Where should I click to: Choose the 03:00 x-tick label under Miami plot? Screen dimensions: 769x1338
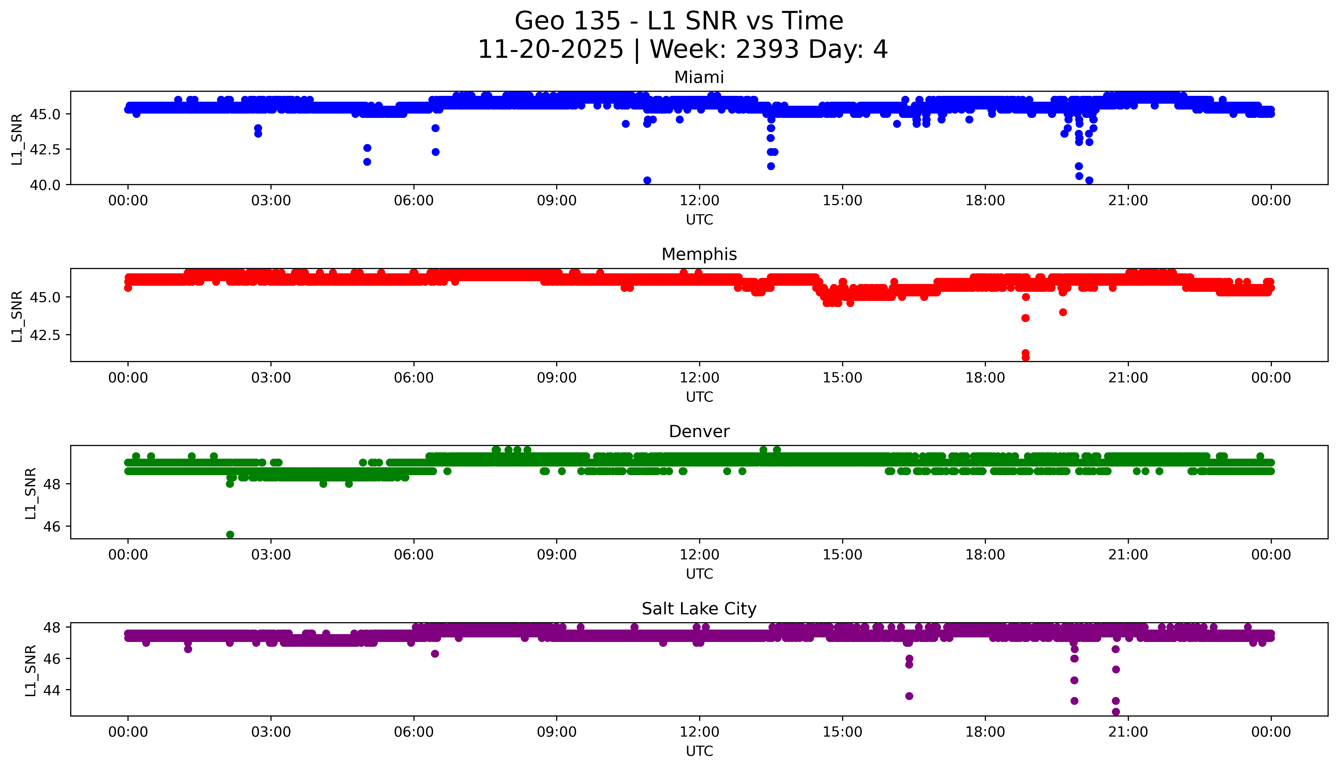(x=271, y=201)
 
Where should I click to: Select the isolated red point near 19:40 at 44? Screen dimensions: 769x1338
(x=1063, y=312)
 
